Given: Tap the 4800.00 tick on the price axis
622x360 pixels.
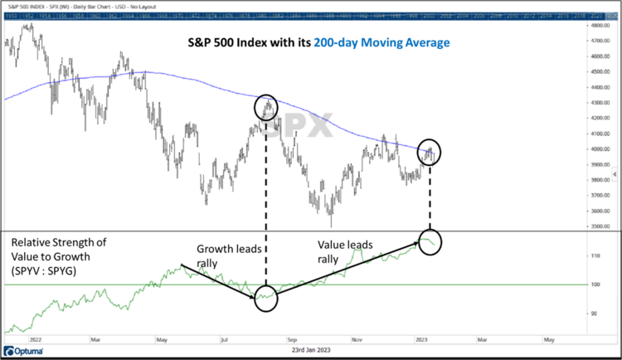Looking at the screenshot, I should coord(600,26).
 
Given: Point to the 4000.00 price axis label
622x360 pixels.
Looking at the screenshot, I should coord(600,149).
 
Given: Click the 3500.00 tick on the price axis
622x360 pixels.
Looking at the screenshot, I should coord(600,226).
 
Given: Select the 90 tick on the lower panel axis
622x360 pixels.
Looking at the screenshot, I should coord(597,314).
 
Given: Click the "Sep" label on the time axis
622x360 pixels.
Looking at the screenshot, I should coord(291,338).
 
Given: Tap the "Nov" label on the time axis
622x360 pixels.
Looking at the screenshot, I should coord(357,338).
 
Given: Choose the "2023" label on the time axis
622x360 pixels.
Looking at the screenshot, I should coord(422,338).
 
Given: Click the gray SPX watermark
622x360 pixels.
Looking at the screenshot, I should coord(286,124).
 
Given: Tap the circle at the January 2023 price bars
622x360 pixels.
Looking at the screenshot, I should coord(430,152).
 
